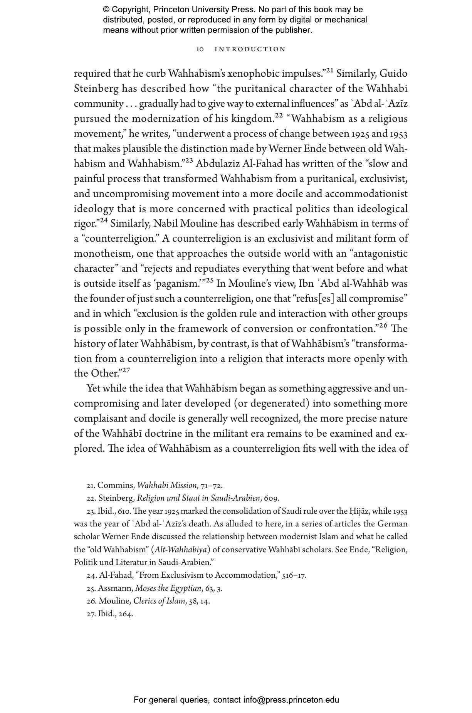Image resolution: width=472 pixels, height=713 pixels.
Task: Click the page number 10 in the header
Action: [x=200, y=49]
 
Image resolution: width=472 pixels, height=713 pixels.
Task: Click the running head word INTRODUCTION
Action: [x=250, y=49]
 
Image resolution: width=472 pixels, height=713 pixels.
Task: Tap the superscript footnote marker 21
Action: [x=330, y=70]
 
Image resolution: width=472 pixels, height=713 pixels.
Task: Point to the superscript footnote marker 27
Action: [x=126, y=370]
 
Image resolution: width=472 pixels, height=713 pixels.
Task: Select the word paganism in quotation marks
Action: [x=178, y=284]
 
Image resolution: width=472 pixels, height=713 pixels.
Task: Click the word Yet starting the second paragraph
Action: [x=93, y=388]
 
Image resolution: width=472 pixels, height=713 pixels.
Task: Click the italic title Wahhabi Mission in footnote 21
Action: [x=167, y=485]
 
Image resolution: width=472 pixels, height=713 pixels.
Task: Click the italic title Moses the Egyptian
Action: [x=168, y=588]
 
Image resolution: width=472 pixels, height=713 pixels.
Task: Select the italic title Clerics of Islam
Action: [x=159, y=601]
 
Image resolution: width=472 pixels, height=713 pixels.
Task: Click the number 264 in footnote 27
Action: [x=126, y=614]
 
